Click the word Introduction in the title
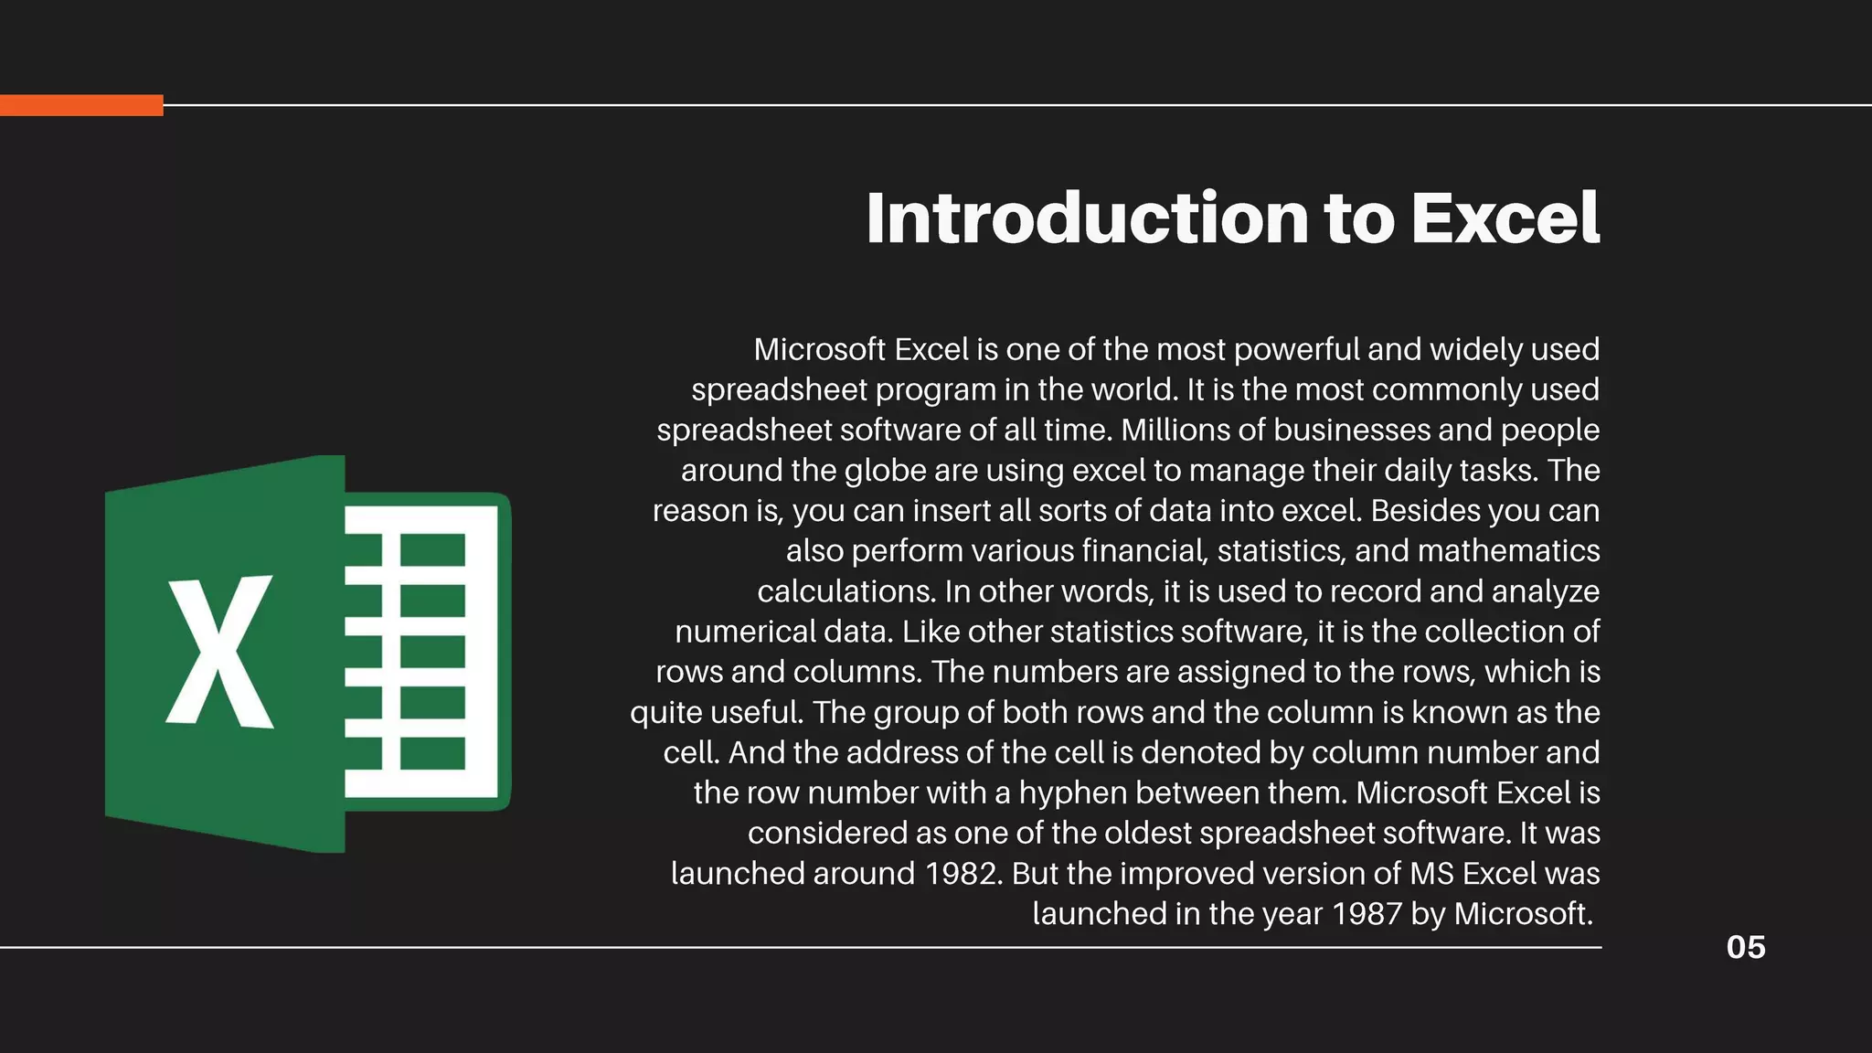click(x=1087, y=218)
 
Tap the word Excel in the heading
click(x=1505, y=218)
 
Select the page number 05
click(x=1745, y=947)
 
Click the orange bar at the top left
click(x=81, y=105)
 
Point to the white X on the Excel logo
click(x=219, y=651)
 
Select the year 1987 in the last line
click(x=1367, y=914)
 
